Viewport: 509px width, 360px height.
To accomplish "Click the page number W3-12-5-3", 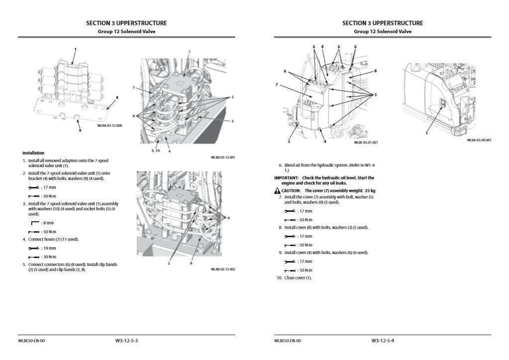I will [x=126, y=341].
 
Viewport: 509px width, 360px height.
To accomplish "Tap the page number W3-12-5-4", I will [x=383, y=341].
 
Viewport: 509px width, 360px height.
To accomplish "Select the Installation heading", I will [x=33, y=153].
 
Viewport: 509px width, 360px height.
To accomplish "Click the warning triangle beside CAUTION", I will [x=277, y=190].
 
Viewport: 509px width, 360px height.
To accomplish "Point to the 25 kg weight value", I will [x=369, y=190].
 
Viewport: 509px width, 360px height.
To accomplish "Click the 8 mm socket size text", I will [x=48, y=223].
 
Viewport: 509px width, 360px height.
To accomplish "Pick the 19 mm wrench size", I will [x=49, y=248].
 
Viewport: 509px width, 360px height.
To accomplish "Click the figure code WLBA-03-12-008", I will [x=109, y=125].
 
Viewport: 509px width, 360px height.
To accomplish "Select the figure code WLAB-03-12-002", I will [x=222, y=269].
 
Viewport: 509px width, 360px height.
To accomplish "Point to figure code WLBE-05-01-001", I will [x=366, y=142].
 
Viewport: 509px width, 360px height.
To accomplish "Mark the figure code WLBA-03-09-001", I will [x=479, y=140].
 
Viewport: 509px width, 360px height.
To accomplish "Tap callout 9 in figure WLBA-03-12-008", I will [x=80, y=131].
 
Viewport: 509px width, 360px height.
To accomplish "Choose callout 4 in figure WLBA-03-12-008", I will [x=116, y=97].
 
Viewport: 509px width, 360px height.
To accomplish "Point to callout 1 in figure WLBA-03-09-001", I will [x=426, y=133].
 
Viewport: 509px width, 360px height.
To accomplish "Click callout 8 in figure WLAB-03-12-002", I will [x=191, y=263].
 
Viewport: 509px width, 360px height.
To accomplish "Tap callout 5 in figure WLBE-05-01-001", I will [x=289, y=142].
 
